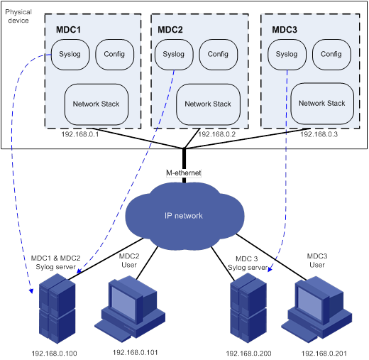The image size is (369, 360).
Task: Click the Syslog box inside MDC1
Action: [x=70, y=55]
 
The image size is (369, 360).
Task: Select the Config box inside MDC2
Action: [x=219, y=55]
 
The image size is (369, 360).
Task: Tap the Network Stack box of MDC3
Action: [x=322, y=104]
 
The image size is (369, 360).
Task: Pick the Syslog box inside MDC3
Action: [x=287, y=55]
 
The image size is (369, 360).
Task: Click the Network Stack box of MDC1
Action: [x=97, y=104]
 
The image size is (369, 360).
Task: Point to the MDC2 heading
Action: [x=170, y=30]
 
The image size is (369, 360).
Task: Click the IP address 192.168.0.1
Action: [x=80, y=134]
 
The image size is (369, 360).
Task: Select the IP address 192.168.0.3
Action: [x=319, y=134]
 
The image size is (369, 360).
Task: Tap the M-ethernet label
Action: [x=184, y=173]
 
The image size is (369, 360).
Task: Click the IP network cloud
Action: [x=184, y=216]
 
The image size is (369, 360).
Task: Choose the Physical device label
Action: [x=18, y=16]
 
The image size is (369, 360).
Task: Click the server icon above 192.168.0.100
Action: [x=57, y=309]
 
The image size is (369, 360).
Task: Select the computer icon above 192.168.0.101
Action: [x=130, y=309]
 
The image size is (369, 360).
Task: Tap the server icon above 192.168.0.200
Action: [x=248, y=308]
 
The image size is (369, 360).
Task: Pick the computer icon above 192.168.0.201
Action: [x=316, y=310]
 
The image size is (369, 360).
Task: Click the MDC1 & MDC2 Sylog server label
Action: [x=55, y=263]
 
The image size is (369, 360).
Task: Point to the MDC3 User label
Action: [x=317, y=261]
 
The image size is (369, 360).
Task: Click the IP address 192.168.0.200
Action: [x=248, y=354]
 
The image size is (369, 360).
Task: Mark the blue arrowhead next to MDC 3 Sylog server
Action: [x=270, y=268]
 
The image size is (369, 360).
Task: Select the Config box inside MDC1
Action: [x=115, y=55]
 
